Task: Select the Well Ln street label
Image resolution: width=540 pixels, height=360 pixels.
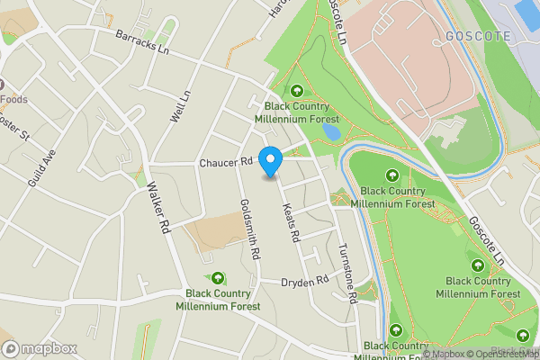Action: [x=180, y=106]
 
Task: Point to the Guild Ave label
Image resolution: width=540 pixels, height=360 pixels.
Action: [x=41, y=167]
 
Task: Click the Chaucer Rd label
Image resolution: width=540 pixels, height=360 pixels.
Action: [x=223, y=163]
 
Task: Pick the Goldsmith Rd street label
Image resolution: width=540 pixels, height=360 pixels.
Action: [x=247, y=229]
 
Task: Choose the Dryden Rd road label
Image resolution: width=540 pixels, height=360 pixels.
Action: [x=304, y=282]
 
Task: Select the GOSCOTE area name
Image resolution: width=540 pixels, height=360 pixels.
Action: [x=478, y=36]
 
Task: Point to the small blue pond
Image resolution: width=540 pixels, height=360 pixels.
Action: [x=329, y=131]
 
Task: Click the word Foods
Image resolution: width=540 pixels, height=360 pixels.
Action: [x=13, y=98]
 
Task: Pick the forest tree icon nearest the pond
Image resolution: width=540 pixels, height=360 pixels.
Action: [x=297, y=90]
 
